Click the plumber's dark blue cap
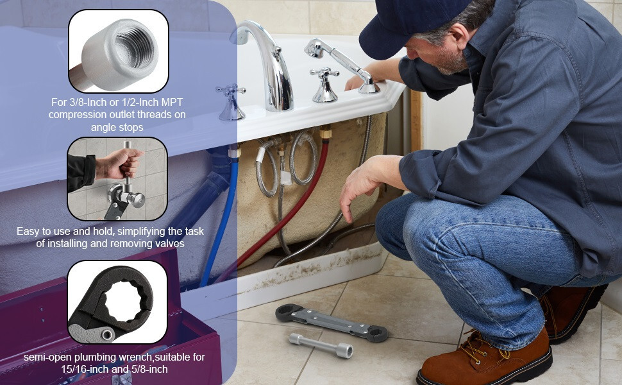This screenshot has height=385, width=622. click(410, 26)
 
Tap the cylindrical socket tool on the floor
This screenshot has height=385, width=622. click(320, 345)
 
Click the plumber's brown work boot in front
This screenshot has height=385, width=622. click(487, 359)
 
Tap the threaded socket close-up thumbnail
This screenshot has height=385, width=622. click(118, 51)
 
